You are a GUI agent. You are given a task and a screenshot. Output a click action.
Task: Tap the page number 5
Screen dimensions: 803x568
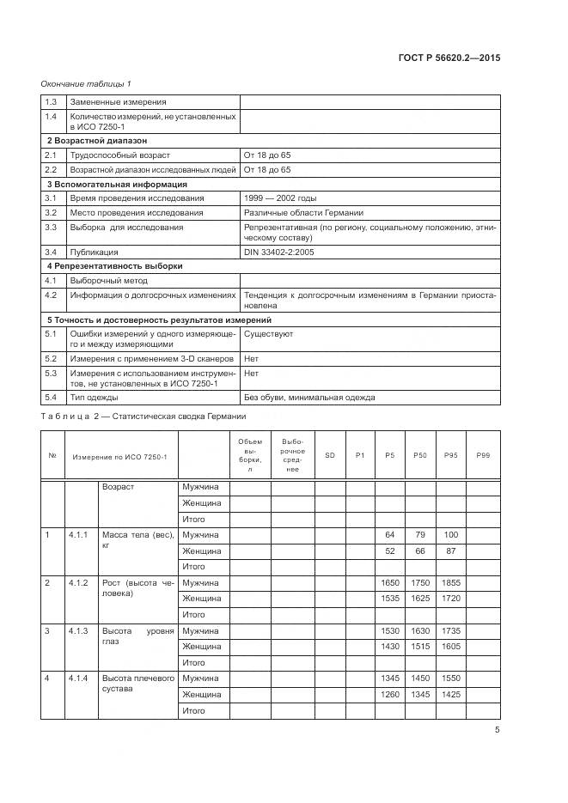tap(498, 730)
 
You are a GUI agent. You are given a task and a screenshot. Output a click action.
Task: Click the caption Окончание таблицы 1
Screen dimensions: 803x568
tap(86, 83)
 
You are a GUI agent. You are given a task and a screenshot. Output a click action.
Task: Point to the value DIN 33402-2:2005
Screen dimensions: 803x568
tap(280, 252)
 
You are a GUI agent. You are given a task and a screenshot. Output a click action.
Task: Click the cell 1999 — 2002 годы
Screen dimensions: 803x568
tap(280, 198)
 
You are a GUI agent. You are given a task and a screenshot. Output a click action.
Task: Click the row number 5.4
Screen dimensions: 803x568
tap(50, 397)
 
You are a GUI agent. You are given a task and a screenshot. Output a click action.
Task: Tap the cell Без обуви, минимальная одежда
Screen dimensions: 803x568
tap(312, 397)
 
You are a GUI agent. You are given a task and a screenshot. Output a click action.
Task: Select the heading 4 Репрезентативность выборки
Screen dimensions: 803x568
tap(114, 266)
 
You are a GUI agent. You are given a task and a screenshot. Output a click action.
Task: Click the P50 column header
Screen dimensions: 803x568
tap(420, 454)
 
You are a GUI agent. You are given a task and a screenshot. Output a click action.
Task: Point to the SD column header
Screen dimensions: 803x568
tap(330, 454)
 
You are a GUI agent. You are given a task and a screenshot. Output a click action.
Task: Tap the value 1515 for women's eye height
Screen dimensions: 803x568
tap(420, 647)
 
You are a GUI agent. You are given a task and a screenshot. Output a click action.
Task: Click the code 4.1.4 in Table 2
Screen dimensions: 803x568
tap(79, 678)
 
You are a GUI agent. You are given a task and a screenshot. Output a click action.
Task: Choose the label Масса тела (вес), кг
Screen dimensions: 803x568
tap(137, 539)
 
